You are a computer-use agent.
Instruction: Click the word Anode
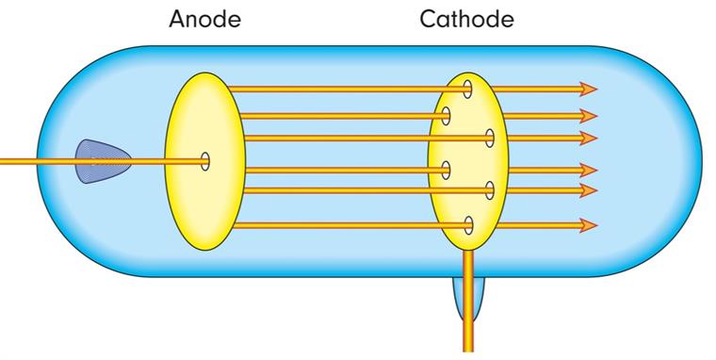(x=203, y=20)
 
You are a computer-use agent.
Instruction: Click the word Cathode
(x=466, y=20)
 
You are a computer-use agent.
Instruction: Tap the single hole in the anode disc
(x=205, y=161)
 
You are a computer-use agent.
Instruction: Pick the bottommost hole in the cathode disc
(x=468, y=225)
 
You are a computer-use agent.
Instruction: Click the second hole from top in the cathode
(x=446, y=116)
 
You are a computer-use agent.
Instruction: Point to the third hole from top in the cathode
(x=490, y=139)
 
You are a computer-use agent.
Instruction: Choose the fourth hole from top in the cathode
(x=446, y=170)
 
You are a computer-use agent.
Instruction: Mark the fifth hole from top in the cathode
(x=490, y=190)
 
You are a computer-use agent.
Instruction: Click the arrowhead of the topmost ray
(x=589, y=89)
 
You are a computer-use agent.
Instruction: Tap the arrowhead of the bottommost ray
(x=589, y=225)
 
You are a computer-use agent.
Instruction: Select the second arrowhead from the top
(x=589, y=116)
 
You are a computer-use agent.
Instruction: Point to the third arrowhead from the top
(x=589, y=139)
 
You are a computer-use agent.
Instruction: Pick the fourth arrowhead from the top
(x=589, y=170)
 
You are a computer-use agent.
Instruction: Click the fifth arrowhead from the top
(x=589, y=190)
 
